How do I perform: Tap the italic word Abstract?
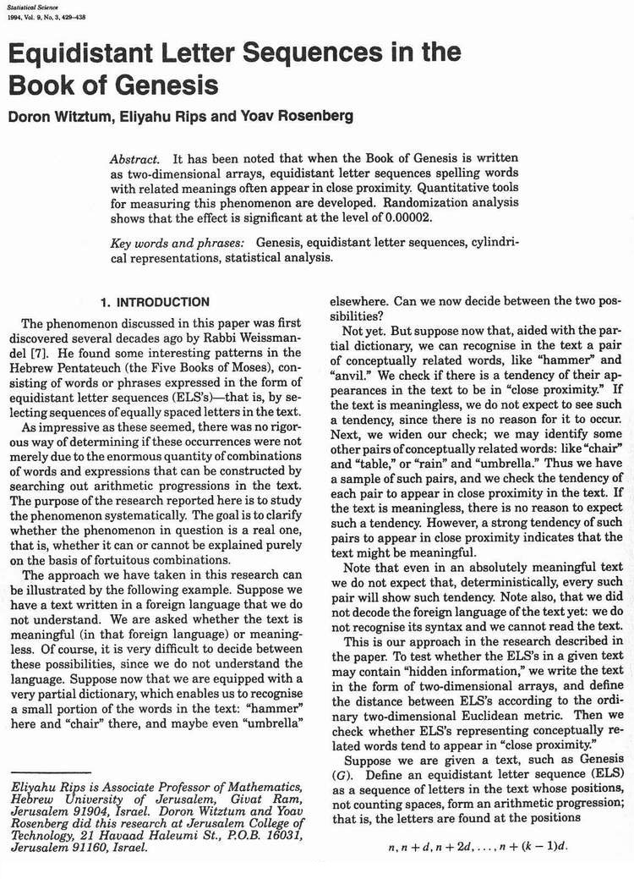pos(134,159)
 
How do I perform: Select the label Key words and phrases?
pos(177,244)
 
